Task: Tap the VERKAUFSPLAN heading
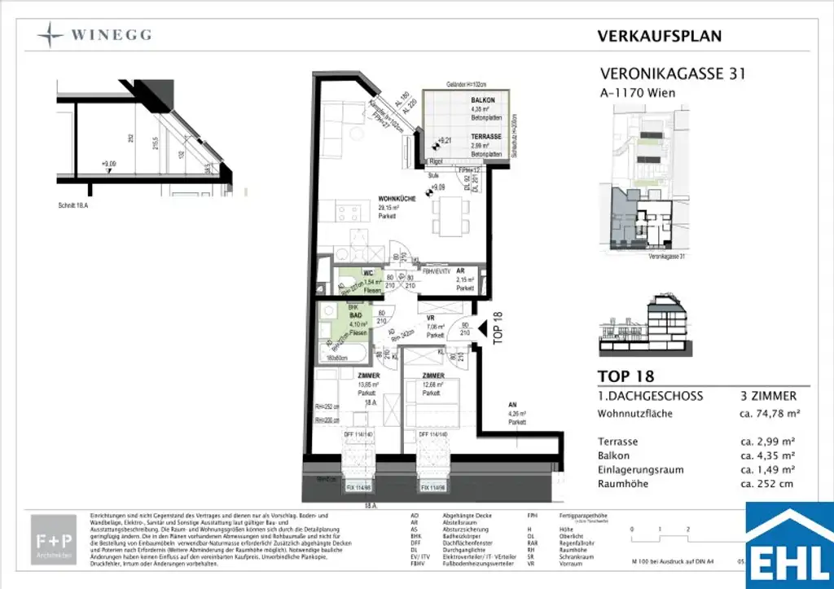[659, 36]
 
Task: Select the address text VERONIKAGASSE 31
[672, 74]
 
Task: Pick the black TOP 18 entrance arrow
[482, 328]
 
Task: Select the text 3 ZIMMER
[762, 396]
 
